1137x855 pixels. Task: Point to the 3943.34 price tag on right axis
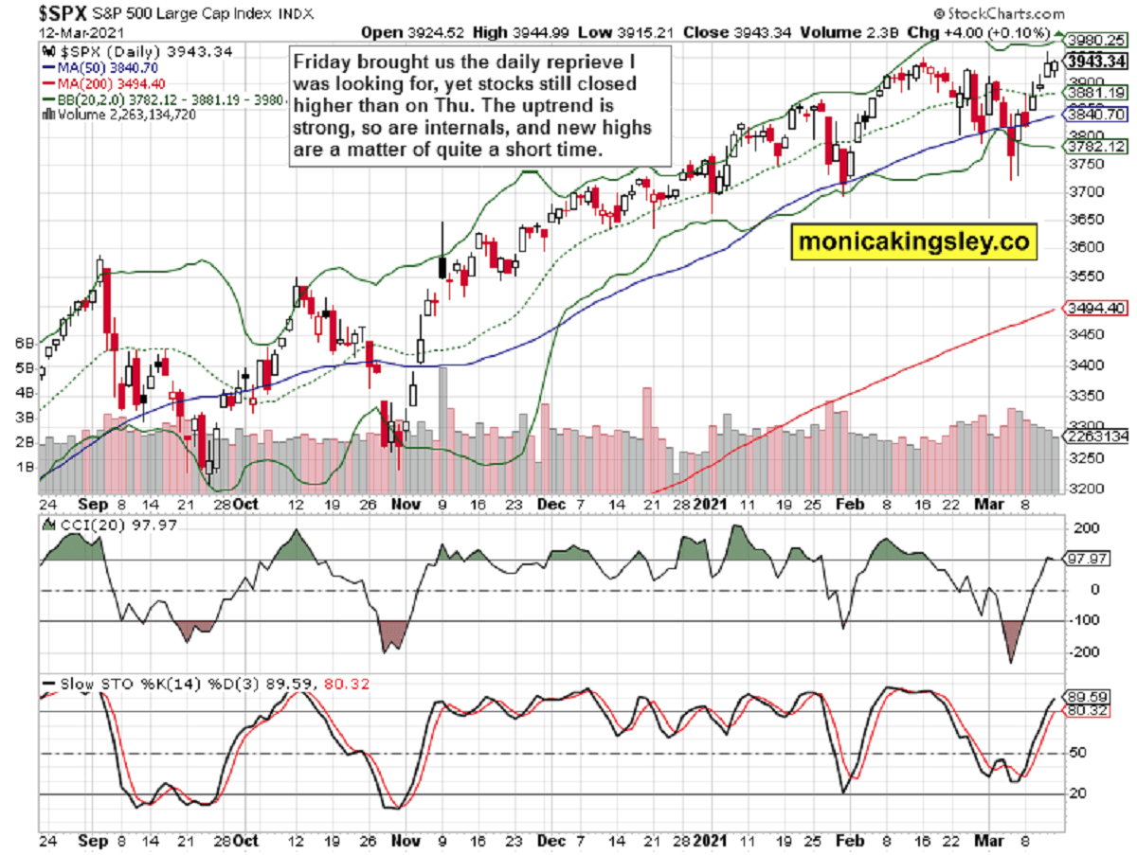(x=1095, y=62)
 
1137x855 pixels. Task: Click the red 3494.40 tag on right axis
(x=1094, y=309)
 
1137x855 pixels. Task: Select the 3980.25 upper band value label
(x=1094, y=40)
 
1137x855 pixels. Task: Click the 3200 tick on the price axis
(x=1085, y=489)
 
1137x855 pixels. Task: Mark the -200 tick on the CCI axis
(x=1084, y=651)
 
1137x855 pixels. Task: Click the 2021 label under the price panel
(x=711, y=506)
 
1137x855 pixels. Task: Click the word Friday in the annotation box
(x=319, y=61)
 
